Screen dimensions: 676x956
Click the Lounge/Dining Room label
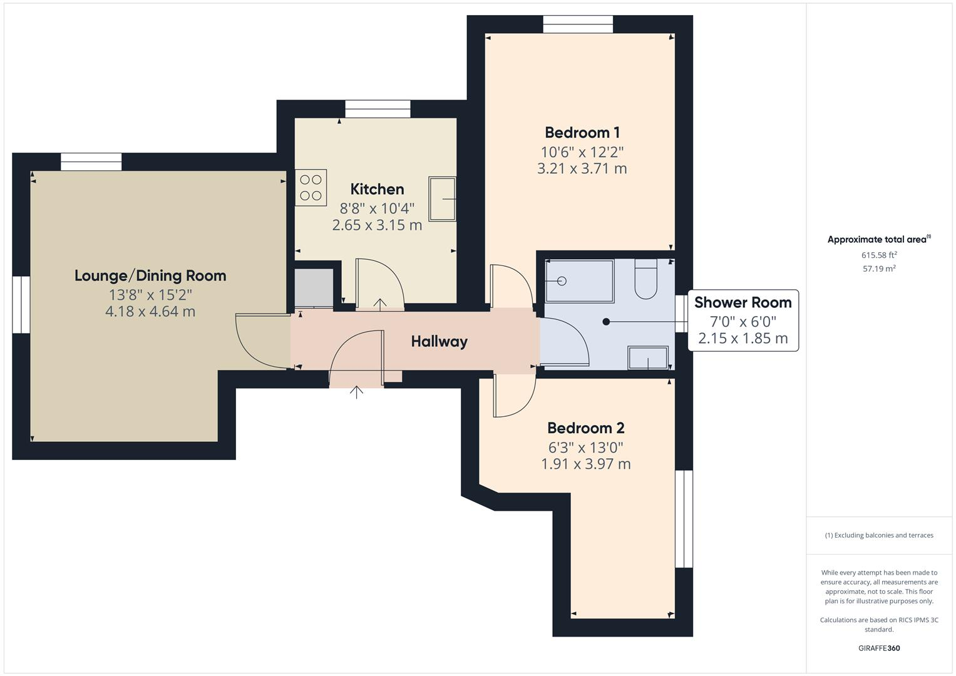pos(150,276)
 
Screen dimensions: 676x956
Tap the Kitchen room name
pos(377,189)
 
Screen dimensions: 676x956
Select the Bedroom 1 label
pos(582,133)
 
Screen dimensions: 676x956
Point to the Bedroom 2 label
pos(585,428)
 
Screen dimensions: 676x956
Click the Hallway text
pos(439,342)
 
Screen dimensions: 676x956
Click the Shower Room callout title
pos(743,302)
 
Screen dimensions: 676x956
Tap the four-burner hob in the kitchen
pos(311,188)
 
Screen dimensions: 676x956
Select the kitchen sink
pos(442,198)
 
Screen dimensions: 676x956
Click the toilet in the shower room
pos(645,280)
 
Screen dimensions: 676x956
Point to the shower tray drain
pos(562,281)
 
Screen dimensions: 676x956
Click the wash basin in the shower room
pos(648,358)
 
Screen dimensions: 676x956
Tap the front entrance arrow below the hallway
pos(356,392)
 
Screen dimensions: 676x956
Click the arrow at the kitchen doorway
pos(380,304)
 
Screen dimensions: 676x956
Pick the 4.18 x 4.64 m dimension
pos(150,312)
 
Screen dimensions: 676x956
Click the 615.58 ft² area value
pos(879,255)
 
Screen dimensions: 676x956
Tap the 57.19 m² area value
pos(879,269)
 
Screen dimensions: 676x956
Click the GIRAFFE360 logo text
pos(879,648)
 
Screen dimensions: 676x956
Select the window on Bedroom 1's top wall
pos(577,24)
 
